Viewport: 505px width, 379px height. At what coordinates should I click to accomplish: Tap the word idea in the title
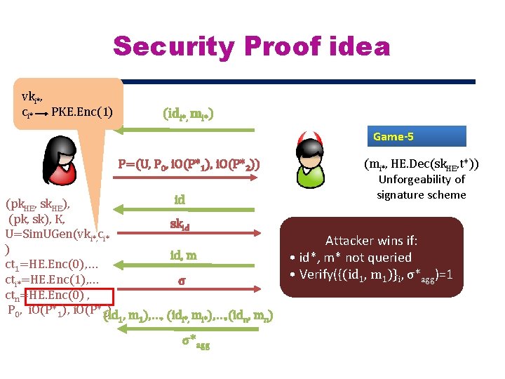tap(358, 46)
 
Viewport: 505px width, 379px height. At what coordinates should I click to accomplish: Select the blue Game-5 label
tap(418, 135)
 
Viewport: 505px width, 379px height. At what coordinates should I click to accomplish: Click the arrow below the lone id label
tap(189, 210)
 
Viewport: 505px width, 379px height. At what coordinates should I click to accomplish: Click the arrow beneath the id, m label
tap(189, 267)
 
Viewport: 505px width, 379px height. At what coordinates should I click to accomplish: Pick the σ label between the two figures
tap(182, 281)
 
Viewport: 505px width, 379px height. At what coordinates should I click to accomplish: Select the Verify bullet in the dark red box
tap(370, 274)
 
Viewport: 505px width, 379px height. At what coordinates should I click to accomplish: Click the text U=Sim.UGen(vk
tap(49, 234)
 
